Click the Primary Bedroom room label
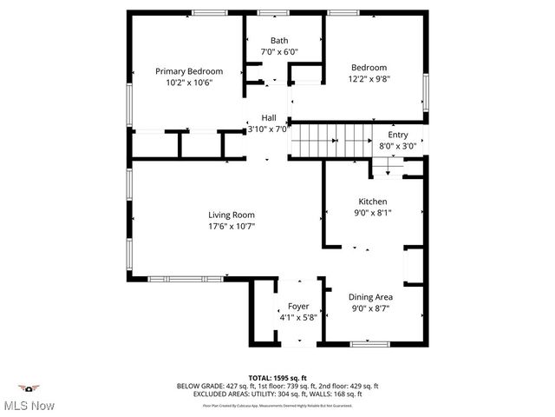(x=189, y=71)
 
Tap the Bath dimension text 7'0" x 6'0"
(x=279, y=52)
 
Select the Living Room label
(x=231, y=215)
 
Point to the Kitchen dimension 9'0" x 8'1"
(x=372, y=212)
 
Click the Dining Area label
(x=372, y=297)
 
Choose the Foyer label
(x=298, y=307)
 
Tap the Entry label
(x=397, y=135)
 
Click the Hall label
(x=269, y=118)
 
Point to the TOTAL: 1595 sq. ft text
(x=277, y=378)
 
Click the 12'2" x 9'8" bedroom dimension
(x=369, y=78)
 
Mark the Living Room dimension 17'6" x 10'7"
(x=231, y=226)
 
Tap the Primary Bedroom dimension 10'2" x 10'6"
(x=189, y=82)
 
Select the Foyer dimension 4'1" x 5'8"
(x=298, y=317)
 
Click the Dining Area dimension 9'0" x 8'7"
(x=372, y=308)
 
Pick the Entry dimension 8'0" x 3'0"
(x=397, y=146)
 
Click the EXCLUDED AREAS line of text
(x=277, y=394)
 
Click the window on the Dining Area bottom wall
(x=371, y=344)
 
